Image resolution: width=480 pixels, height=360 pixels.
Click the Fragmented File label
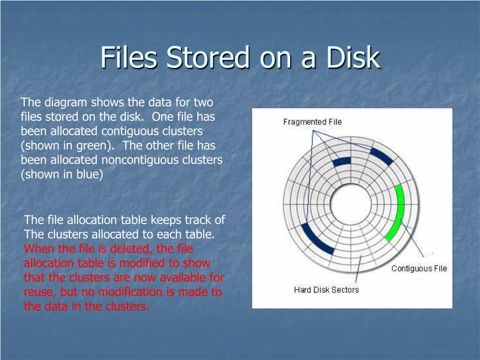(312, 122)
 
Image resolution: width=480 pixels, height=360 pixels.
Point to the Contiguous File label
(419, 269)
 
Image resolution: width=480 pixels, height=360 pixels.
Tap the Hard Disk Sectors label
(326, 290)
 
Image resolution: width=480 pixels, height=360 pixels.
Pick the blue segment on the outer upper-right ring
(382, 157)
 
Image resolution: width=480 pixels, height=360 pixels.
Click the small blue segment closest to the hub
(342, 162)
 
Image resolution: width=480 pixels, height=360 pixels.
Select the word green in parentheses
(91, 145)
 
